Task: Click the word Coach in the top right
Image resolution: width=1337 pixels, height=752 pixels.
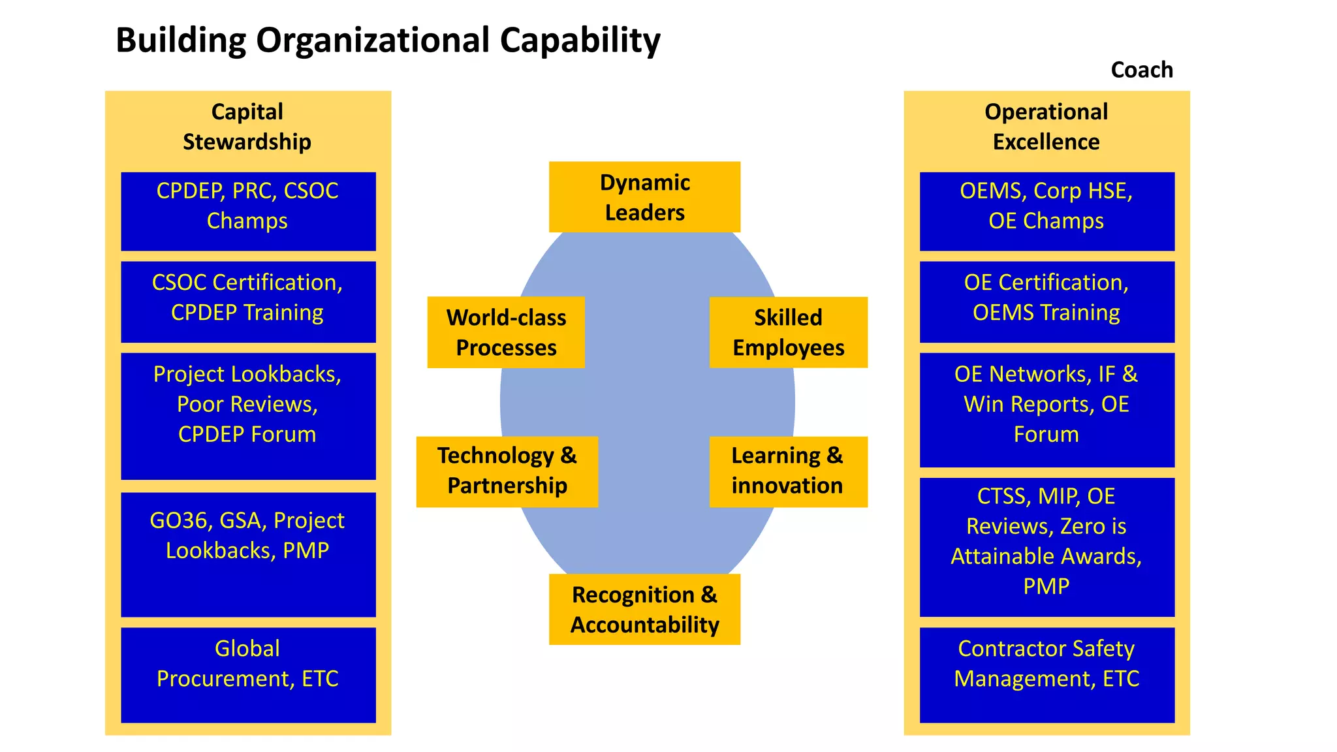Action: (1142, 70)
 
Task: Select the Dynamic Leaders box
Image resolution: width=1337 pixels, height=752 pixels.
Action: (644, 197)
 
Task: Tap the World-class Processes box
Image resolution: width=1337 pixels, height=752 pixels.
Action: (506, 332)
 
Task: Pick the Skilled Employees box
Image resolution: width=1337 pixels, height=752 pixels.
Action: (788, 332)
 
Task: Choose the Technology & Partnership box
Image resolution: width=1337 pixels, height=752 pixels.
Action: (507, 471)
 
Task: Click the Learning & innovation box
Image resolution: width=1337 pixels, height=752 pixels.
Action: (787, 471)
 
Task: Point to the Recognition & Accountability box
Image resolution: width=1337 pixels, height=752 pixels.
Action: (644, 609)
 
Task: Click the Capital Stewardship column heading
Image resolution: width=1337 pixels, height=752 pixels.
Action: (247, 127)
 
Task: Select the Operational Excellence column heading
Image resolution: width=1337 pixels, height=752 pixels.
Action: (1046, 127)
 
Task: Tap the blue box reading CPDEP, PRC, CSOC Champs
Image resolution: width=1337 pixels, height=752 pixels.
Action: (248, 211)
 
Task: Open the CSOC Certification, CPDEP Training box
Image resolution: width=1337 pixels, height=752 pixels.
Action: (248, 302)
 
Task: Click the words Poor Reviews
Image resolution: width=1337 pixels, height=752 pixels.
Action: (247, 405)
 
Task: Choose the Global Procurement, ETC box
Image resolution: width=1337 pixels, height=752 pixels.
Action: (248, 674)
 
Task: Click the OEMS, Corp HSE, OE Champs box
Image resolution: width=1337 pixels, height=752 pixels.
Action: (1046, 211)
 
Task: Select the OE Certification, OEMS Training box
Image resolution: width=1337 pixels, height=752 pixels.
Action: (1046, 302)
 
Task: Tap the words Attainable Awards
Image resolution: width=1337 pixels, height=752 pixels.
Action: (1046, 556)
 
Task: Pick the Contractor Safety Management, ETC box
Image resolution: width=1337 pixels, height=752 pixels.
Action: (1046, 674)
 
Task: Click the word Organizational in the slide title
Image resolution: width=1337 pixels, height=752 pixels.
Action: (373, 40)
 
